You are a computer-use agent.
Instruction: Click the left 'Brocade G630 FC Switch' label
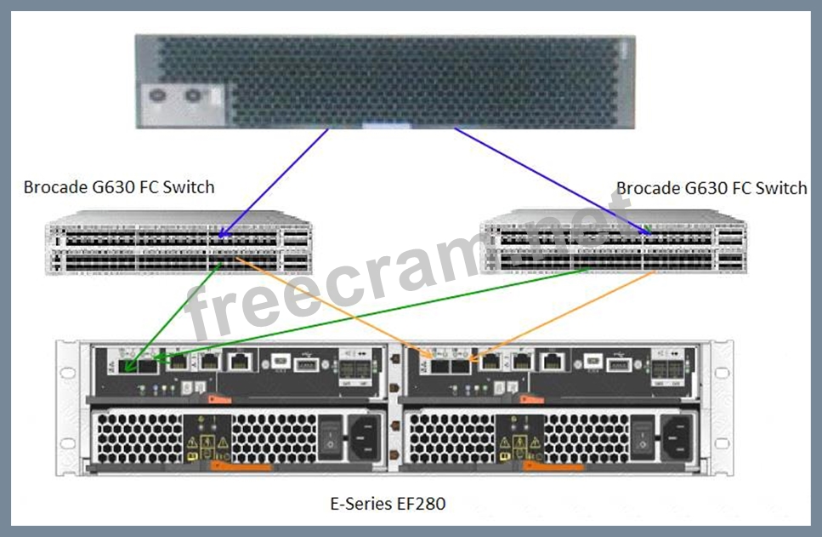(119, 187)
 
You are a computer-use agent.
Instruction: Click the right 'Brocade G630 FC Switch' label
(711, 188)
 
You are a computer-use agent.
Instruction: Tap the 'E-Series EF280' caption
(387, 503)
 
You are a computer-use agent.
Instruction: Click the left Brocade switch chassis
(179, 248)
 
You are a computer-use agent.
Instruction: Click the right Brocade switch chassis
(613, 248)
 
